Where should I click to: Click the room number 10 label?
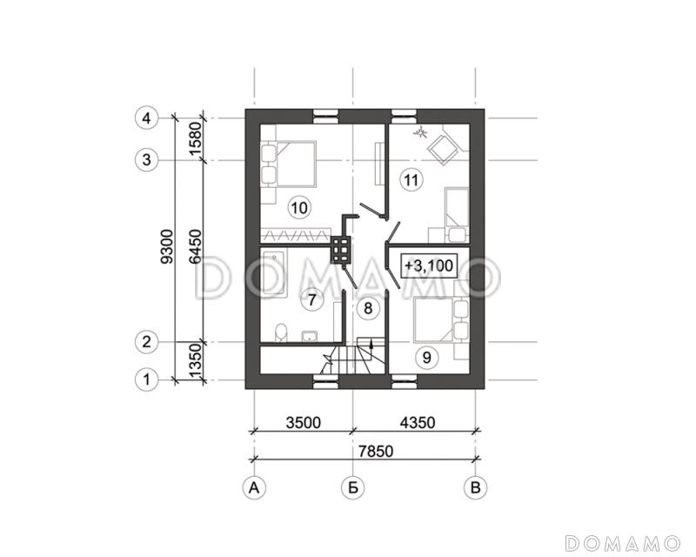300,207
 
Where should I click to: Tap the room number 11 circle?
412,180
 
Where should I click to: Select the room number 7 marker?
312,299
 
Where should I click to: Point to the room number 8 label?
368,307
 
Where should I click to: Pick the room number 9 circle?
427,357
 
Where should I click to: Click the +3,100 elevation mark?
429,265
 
